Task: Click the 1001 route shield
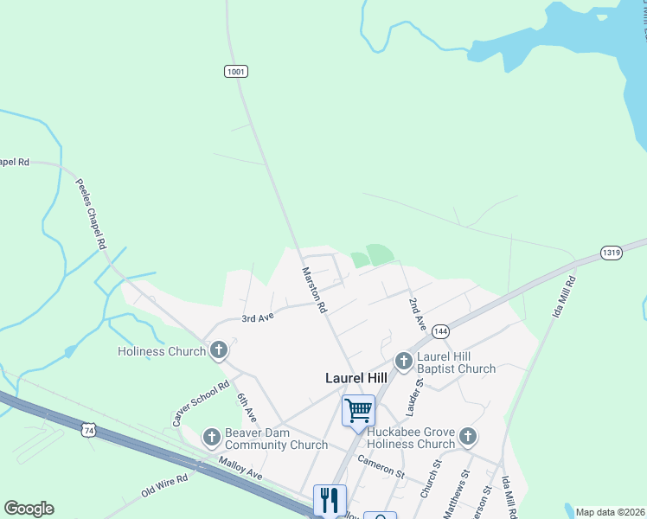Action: click(235, 71)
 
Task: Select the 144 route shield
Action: click(440, 331)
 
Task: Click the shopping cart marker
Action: click(358, 410)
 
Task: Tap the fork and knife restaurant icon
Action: click(330, 499)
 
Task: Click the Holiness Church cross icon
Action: click(219, 350)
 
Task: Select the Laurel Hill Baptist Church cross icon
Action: click(403, 361)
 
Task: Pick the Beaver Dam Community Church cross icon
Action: click(212, 437)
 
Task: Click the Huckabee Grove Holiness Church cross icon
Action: click(468, 436)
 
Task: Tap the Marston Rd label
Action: click(313, 289)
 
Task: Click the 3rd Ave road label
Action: click(258, 317)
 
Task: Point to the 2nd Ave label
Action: click(418, 314)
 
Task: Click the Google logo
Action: click(29, 509)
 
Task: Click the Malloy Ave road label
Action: click(241, 470)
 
